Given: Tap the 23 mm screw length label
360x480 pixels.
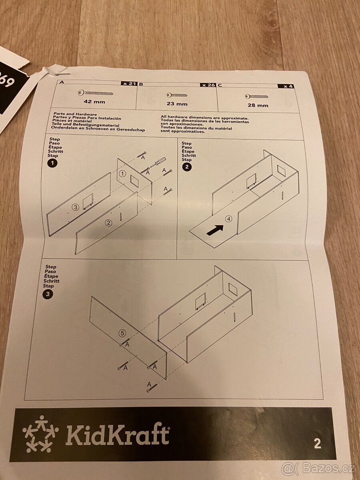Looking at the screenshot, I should click(x=177, y=104).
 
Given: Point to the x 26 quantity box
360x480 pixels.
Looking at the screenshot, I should click(x=208, y=85).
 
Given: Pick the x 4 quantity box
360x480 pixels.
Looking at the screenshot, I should click(x=288, y=86).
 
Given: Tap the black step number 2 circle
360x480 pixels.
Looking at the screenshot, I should click(x=186, y=167).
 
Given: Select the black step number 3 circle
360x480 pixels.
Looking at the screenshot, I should click(x=48, y=294).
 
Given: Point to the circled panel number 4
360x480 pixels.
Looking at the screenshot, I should click(x=228, y=219).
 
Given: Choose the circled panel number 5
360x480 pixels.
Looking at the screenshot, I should click(x=122, y=333).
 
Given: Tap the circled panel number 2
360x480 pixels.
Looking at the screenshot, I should click(x=108, y=223).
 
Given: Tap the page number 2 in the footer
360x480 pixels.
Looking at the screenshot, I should click(x=317, y=444).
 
